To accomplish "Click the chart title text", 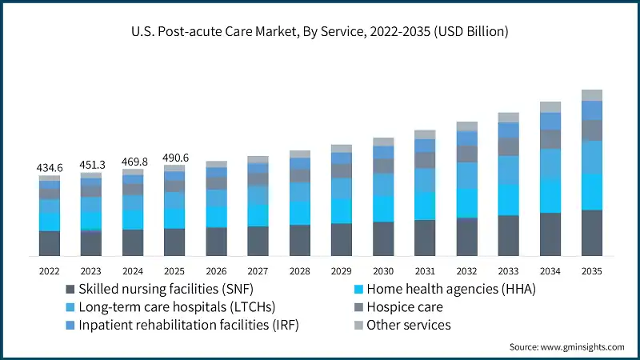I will tap(320, 32).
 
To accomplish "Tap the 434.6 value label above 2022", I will tap(50, 168).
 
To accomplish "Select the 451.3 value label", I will tap(91, 165).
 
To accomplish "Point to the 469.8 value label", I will tap(133, 162).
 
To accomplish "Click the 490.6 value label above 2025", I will tap(174, 158).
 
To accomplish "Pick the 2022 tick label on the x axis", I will tap(50, 270).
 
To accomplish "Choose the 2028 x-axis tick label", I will tap(299, 270).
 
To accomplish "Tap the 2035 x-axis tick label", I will tap(591, 270).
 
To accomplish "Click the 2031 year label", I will tap(425, 270).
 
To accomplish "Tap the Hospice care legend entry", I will tap(403, 306).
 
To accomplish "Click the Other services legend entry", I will tap(408, 325).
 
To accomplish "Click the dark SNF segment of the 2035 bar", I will tap(591, 233).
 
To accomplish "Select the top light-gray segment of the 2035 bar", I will tap(591, 95).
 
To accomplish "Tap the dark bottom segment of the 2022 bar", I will tap(50, 243).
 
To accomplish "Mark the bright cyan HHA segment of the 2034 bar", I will tap(550, 195).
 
